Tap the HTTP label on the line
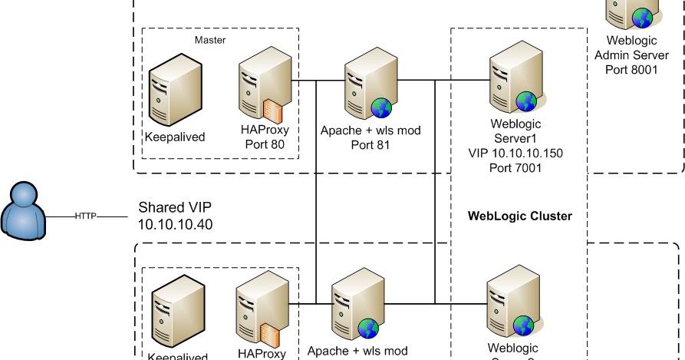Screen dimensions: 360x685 pos(85,216)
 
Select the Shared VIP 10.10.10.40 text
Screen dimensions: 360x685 pos(175,216)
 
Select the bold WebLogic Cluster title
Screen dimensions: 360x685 pos(519,216)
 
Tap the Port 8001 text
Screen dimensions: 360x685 pos(631,69)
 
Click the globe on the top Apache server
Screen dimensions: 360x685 pos(381,108)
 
